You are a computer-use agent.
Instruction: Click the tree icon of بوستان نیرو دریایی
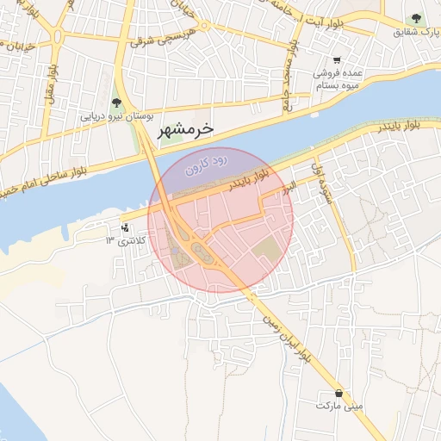tap(116, 103)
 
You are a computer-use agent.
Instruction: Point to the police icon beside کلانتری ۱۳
tap(127, 228)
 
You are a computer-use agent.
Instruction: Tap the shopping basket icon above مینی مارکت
tap(340, 393)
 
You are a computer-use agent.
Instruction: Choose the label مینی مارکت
tap(339, 405)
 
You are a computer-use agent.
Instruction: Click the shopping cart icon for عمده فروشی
tap(337, 61)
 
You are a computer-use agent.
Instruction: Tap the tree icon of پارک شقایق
tap(417, 18)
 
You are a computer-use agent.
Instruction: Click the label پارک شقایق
tap(411, 31)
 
